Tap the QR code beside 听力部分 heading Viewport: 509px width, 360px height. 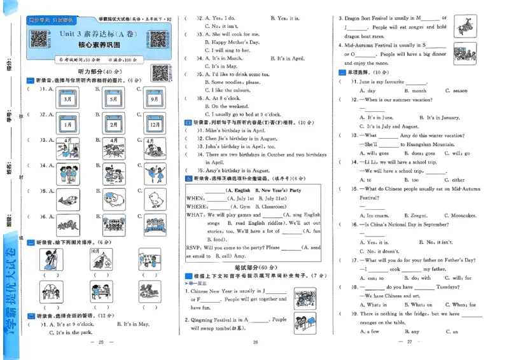[160, 72]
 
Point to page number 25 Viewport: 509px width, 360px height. [100, 342]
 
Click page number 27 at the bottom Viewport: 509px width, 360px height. [410, 342]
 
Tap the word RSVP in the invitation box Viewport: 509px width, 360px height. [194, 247]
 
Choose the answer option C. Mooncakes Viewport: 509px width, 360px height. [462, 216]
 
